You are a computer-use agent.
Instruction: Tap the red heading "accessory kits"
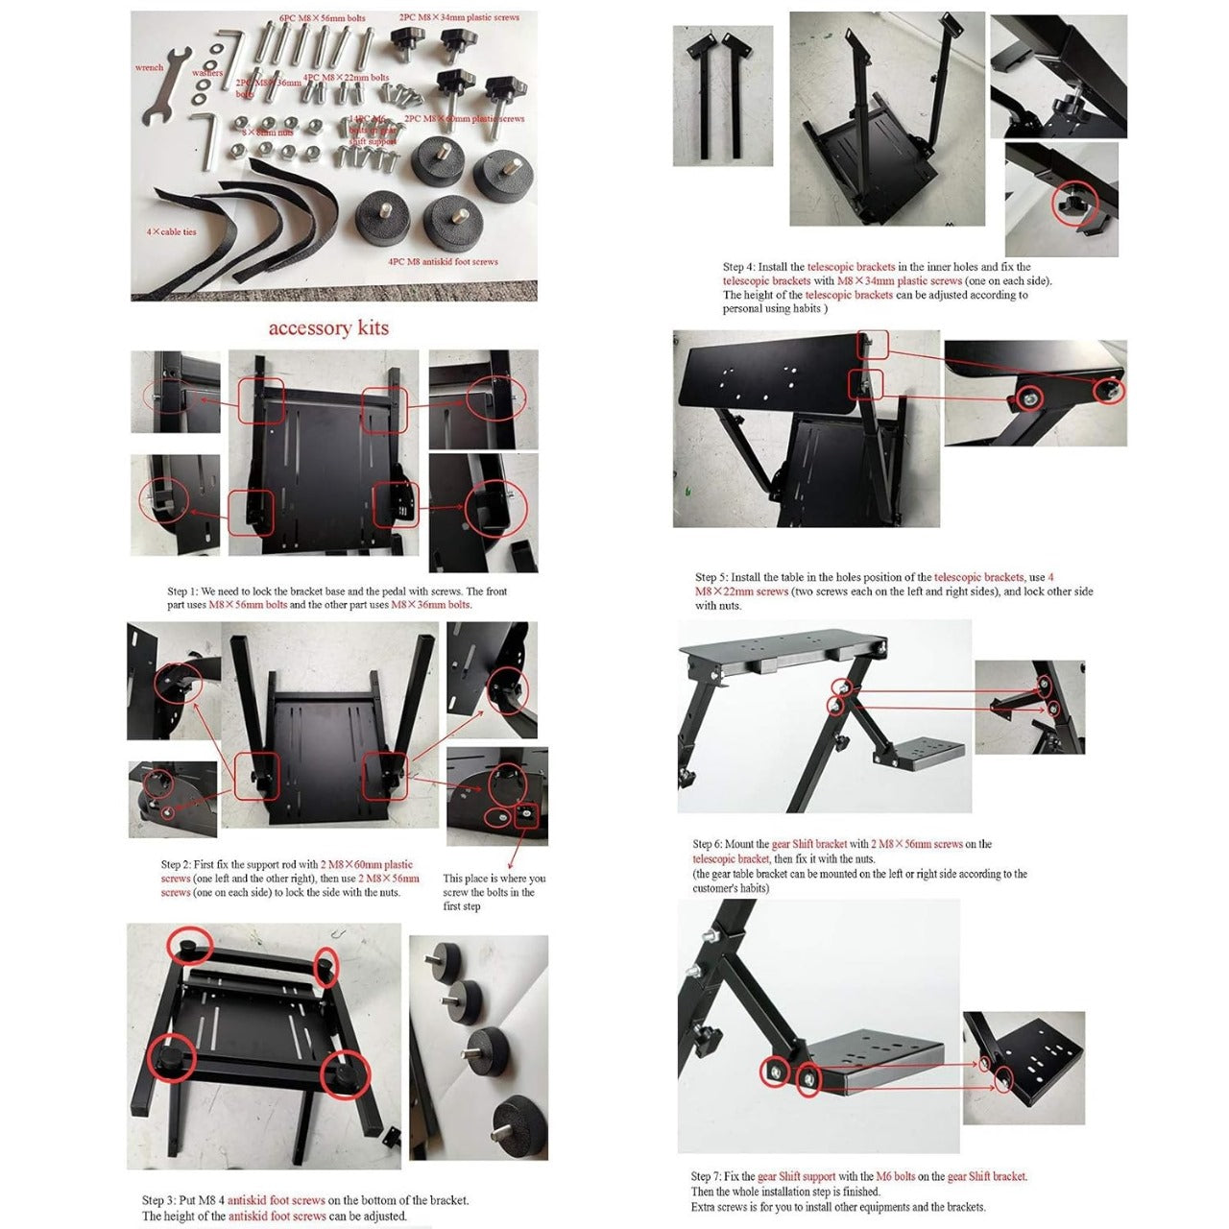[328, 328]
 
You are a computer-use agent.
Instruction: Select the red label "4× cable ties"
[171, 232]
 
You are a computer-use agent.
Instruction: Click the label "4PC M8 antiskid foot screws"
[443, 261]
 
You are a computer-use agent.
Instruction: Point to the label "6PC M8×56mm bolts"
[323, 18]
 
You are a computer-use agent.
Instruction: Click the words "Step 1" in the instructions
[182, 591]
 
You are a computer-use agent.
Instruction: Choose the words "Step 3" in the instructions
[157, 1200]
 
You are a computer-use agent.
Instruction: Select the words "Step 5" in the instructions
[711, 577]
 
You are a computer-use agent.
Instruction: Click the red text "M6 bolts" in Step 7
[895, 1176]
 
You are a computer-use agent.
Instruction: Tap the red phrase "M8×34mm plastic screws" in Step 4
[900, 281]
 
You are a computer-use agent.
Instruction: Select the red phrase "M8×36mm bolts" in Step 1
[430, 605]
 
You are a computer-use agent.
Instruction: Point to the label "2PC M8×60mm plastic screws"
[465, 119]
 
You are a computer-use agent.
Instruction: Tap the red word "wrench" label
[149, 68]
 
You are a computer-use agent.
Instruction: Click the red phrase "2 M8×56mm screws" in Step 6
[916, 844]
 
